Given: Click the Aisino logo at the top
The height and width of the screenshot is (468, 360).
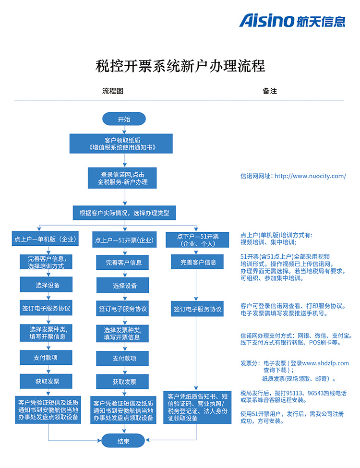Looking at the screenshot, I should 292,21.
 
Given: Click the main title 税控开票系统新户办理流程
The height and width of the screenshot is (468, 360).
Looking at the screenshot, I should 180,65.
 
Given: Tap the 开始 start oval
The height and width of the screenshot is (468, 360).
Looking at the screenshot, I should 123,119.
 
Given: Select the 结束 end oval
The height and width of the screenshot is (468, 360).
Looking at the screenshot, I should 123,441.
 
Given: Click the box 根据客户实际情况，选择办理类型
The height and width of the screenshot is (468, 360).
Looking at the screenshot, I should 124,213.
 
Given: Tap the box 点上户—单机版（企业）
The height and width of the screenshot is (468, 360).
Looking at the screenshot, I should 46,239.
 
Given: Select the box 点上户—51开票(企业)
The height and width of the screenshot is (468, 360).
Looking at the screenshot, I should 124,240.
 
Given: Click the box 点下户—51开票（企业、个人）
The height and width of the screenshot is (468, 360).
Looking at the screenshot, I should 197,240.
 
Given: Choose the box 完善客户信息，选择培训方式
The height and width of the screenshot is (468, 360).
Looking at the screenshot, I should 46,262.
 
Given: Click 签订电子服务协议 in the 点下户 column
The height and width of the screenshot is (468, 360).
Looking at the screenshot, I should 197,309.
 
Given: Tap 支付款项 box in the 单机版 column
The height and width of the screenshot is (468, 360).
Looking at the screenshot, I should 46,358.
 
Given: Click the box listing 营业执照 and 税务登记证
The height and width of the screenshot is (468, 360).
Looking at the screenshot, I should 197,407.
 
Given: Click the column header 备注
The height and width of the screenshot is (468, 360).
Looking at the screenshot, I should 270,91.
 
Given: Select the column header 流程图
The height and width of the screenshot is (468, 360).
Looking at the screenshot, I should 113,91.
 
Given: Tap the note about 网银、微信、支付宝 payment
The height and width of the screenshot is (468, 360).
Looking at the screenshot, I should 296,339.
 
